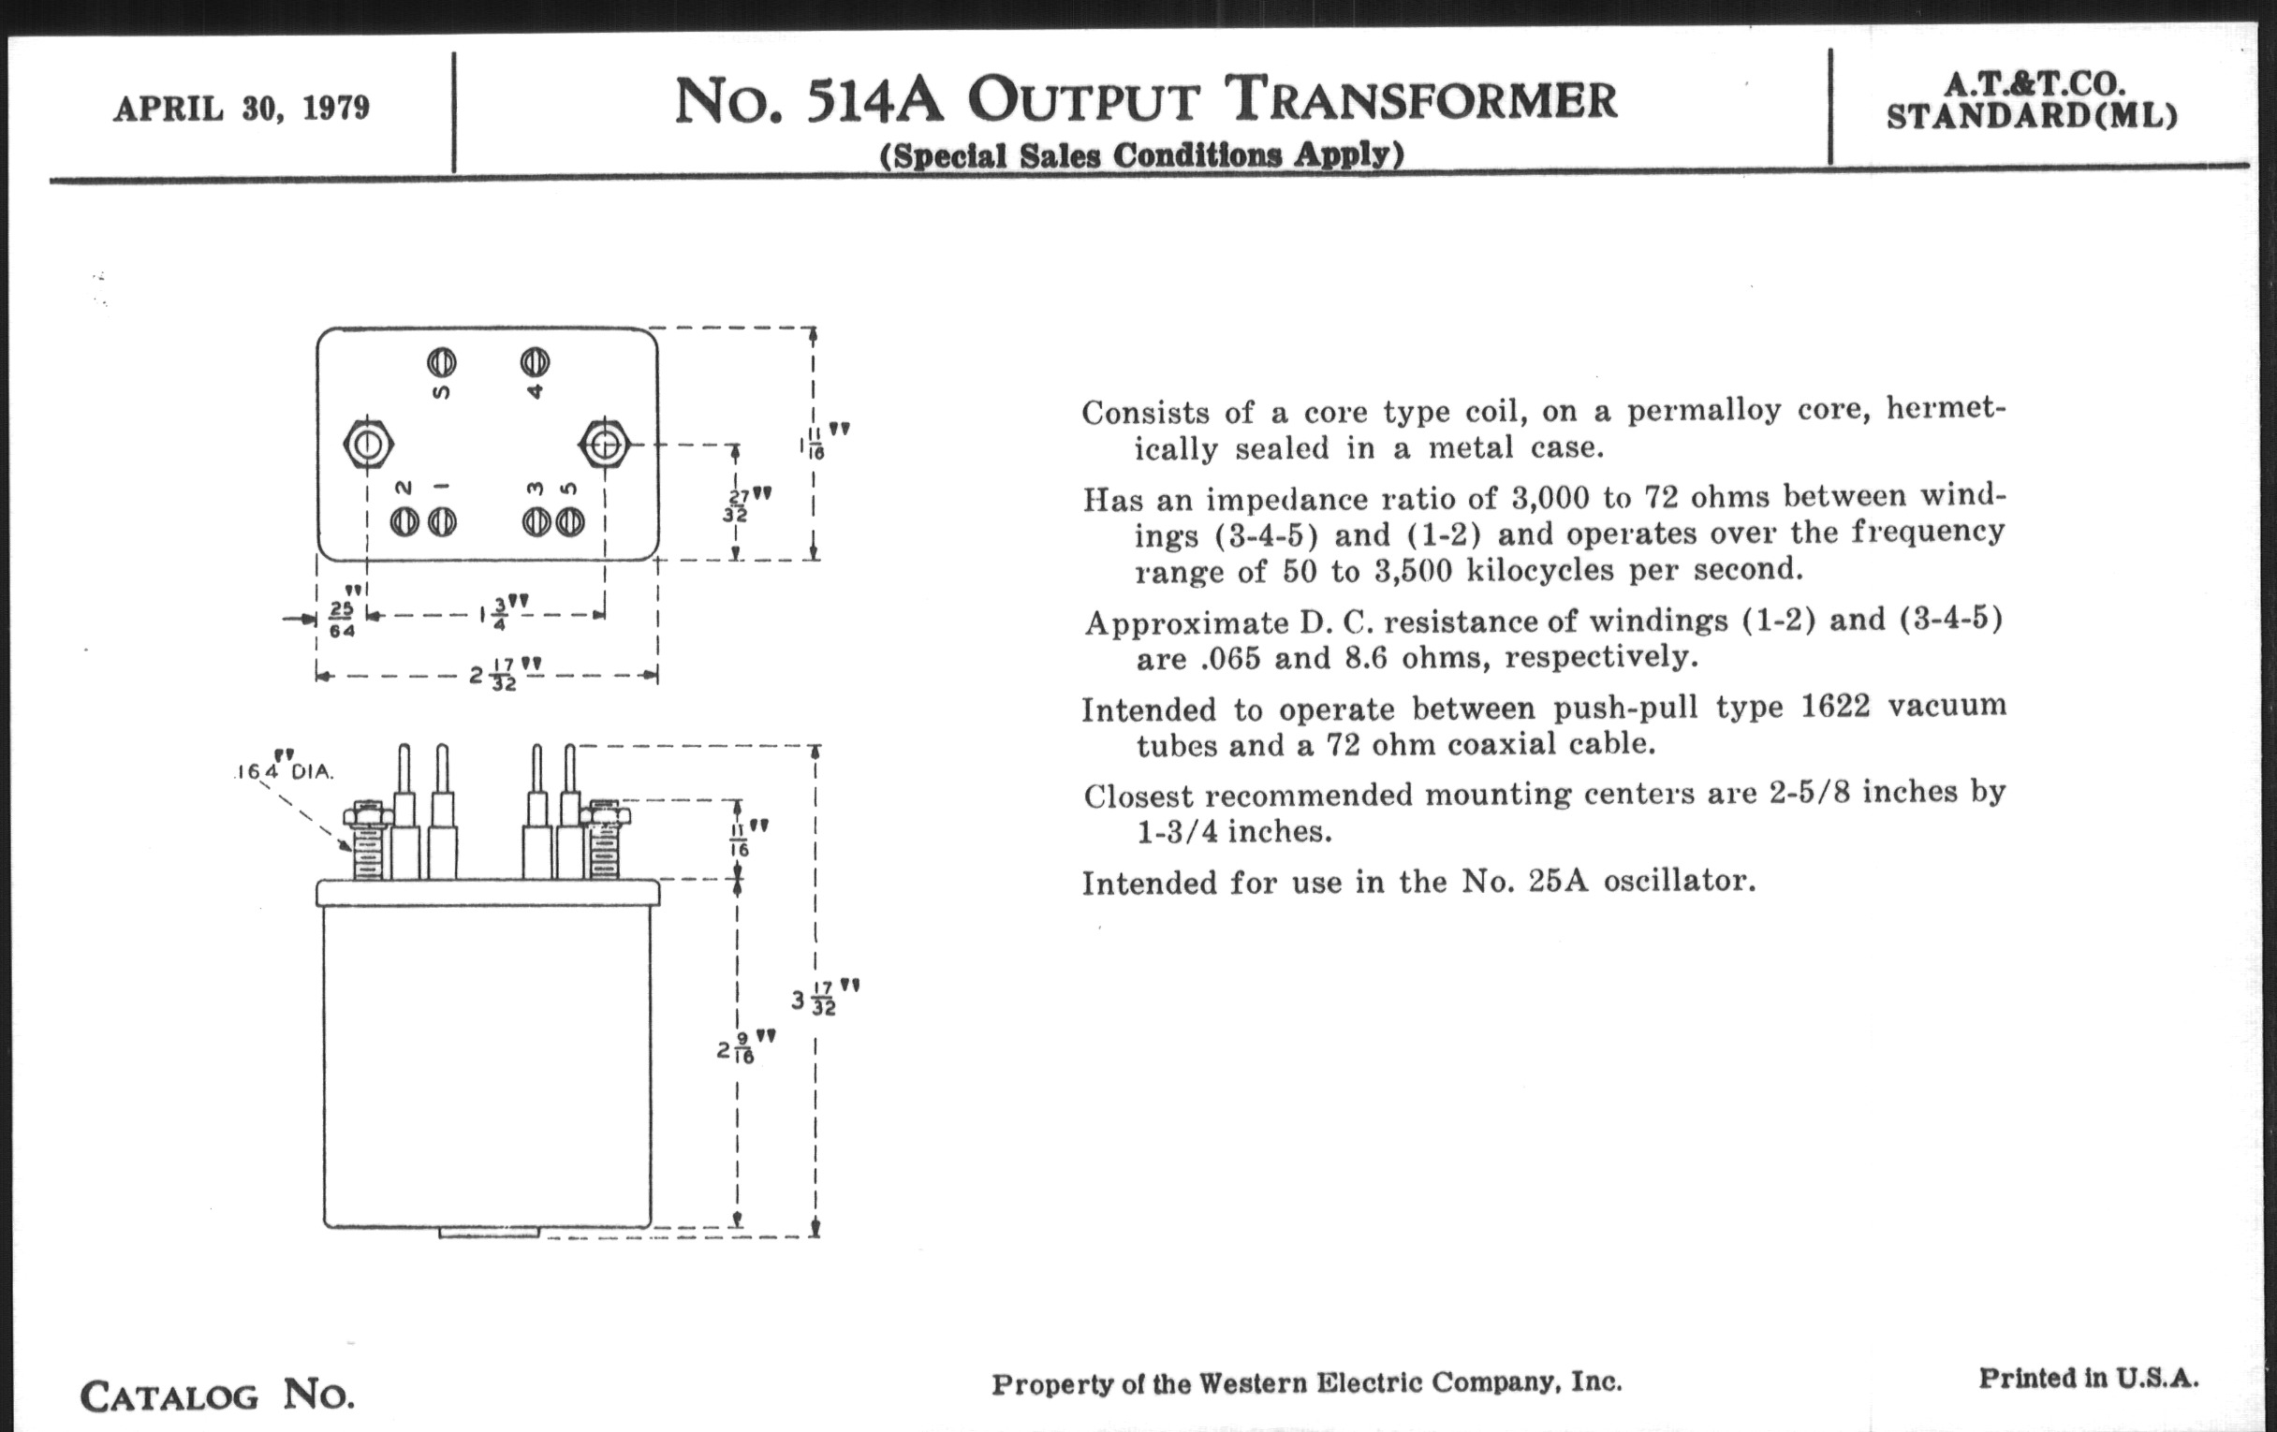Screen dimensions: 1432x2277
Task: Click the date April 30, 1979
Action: (x=242, y=109)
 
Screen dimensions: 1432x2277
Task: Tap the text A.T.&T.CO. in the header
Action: (x=2033, y=83)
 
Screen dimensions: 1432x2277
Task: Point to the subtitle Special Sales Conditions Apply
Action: (x=1141, y=154)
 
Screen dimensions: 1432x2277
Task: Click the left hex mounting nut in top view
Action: (x=368, y=445)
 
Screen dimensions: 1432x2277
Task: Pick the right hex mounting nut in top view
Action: (x=604, y=444)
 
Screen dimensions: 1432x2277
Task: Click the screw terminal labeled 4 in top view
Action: (x=536, y=362)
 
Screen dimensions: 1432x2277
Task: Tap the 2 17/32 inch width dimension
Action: (x=506, y=676)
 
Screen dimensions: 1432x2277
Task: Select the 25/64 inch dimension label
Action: (x=341, y=619)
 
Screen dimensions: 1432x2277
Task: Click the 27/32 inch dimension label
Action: (x=738, y=504)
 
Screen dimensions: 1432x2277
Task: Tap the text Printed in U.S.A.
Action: (x=2088, y=1378)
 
